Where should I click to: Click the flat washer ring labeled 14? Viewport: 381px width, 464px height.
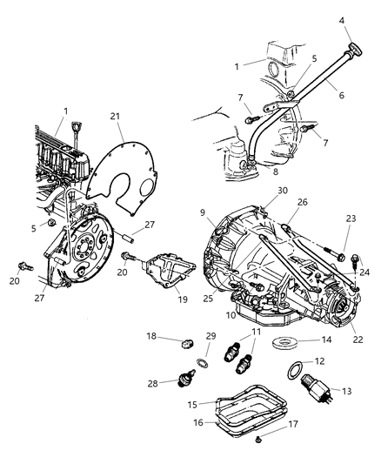pyautogui.click(x=279, y=341)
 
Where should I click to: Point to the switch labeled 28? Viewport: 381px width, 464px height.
pyautogui.click(x=184, y=380)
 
